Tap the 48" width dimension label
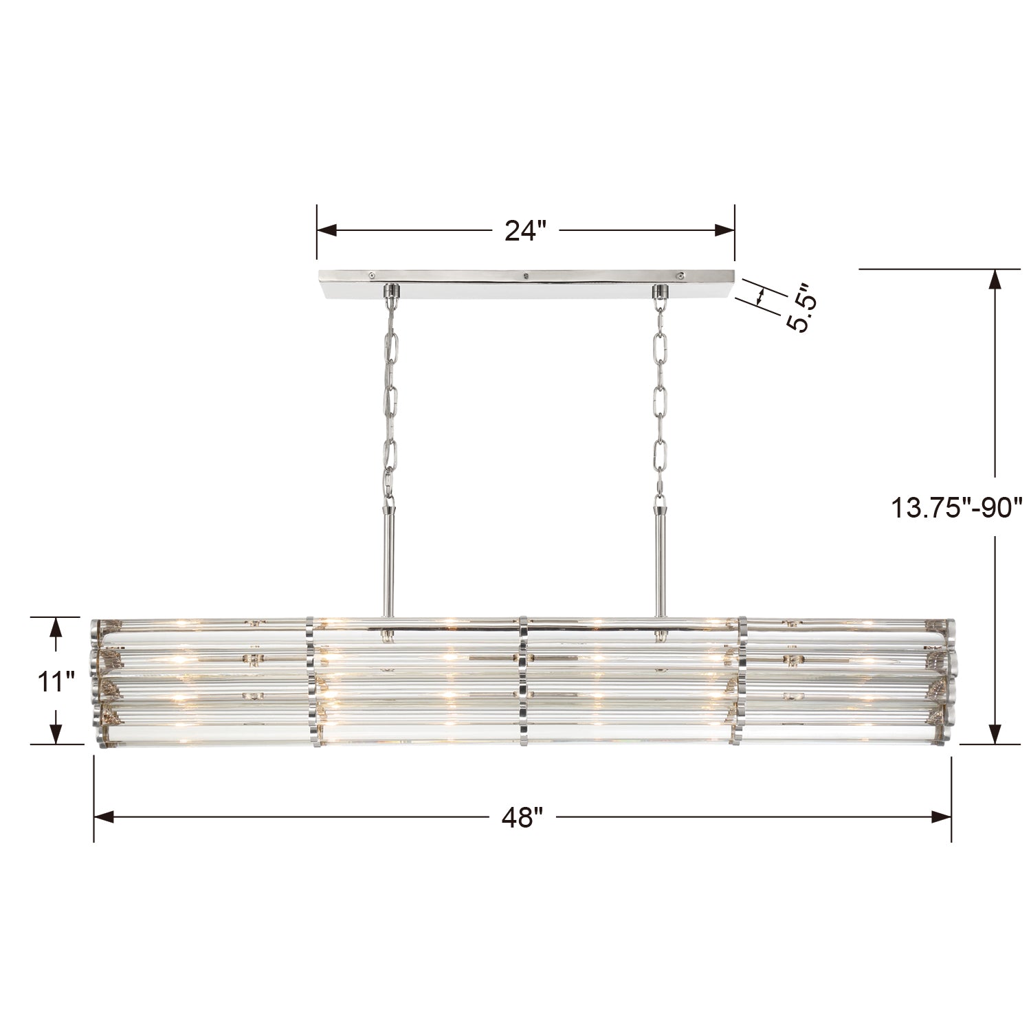point(522,817)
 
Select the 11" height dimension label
point(56,682)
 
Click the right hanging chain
point(660,392)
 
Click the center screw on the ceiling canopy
point(525,276)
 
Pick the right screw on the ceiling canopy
point(680,275)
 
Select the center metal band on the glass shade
point(524,680)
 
